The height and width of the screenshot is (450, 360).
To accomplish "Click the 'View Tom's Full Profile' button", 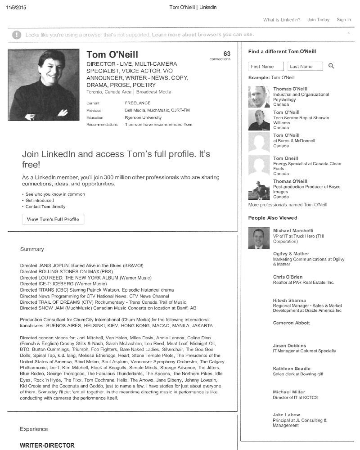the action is point(53,219).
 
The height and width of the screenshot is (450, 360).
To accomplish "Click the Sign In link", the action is point(343,20).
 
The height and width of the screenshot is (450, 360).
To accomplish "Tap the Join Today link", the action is point(318,20).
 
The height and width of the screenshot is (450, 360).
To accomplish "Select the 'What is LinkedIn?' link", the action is point(282,20).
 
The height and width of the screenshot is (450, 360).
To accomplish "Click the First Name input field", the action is point(266,67).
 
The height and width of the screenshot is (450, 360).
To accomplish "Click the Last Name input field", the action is point(305,67).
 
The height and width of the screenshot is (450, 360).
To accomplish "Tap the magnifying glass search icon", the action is point(332,66).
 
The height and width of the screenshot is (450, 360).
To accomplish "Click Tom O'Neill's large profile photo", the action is point(44,85).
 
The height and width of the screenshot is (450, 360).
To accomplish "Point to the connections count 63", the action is point(227,54).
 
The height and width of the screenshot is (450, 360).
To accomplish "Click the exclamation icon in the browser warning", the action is point(17,35).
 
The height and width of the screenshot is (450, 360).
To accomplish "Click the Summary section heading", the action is point(32,249).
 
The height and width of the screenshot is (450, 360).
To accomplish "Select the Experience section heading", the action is point(34,429).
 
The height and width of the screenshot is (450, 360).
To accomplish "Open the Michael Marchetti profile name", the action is point(293,231).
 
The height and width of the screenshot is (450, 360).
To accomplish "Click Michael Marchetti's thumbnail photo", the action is point(259,238).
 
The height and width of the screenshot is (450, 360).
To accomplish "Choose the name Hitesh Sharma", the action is point(289,301).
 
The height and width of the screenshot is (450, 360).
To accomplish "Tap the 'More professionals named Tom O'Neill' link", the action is point(288,205).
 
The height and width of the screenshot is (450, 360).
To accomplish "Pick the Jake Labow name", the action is point(286,415).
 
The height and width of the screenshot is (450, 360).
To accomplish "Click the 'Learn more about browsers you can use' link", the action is point(203,35).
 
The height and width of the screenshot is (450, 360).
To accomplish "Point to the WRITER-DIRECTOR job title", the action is point(47,445).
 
